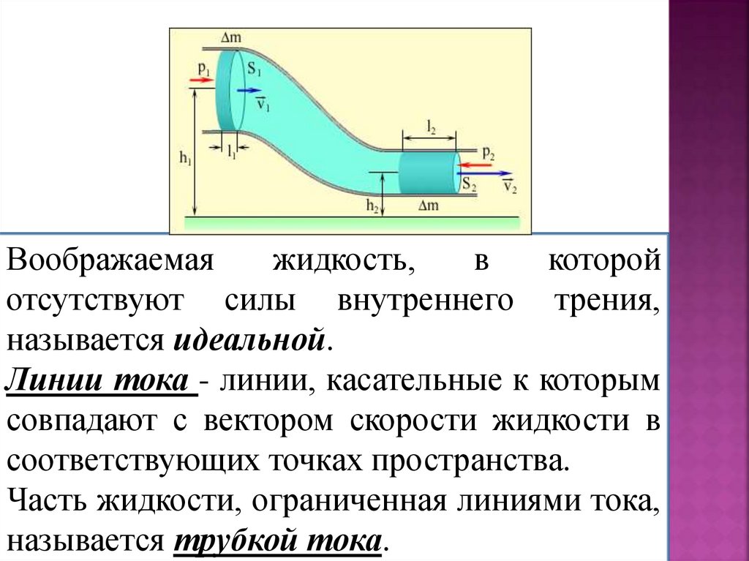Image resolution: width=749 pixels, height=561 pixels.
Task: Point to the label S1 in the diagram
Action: coord(254,70)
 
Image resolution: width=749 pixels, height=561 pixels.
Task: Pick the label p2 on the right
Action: coord(488,153)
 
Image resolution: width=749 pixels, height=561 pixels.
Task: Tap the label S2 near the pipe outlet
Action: coord(469,187)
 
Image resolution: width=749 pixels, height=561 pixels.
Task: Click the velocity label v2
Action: coord(510,187)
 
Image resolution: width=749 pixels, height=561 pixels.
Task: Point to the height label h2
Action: coord(372,207)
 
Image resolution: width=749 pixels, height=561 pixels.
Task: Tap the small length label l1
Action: coord(232,153)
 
